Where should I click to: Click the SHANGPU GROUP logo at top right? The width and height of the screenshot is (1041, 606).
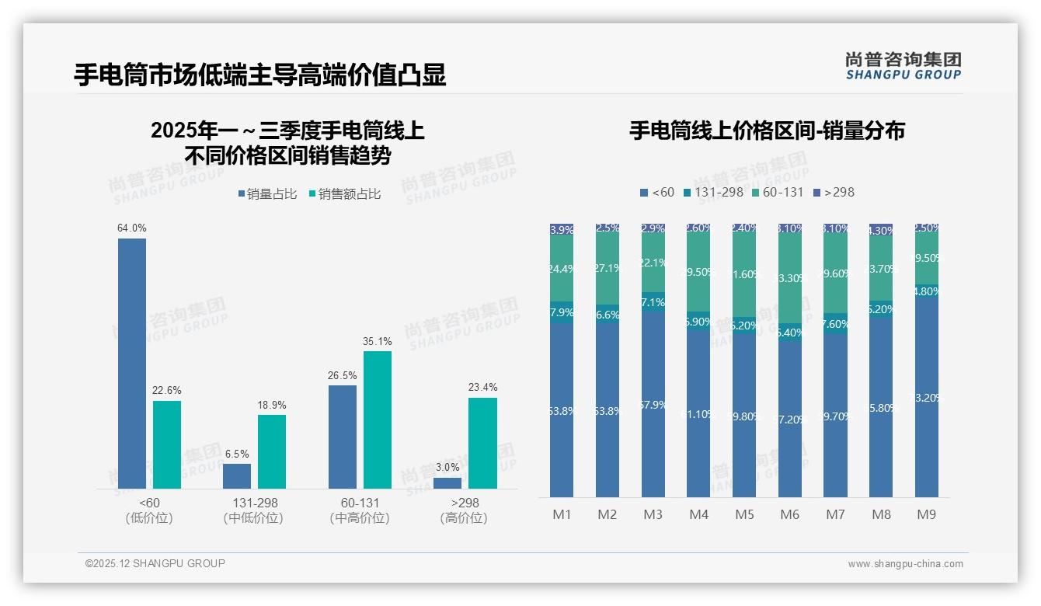(x=903, y=66)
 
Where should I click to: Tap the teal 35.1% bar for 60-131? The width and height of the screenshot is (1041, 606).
(x=378, y=420)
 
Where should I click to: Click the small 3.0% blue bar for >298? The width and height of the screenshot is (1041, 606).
(x=447, y=483)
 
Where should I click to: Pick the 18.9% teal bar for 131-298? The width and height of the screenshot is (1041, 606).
(x=272, y=451)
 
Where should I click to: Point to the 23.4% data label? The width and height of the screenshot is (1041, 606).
(x=482, y=387)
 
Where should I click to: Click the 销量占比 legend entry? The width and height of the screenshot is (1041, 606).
(x=267, y=194)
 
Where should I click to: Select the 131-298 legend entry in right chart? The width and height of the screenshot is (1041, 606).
(x=712, y=192)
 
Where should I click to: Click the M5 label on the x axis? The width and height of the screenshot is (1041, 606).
(x=744, y=514)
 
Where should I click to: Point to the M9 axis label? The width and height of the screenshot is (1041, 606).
(x=927, y=514)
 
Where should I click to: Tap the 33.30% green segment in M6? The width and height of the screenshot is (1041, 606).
(x=789, y=278)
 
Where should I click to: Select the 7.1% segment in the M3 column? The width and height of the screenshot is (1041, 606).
(x=653, y=302)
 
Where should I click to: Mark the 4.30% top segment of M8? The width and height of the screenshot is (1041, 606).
(x=881, y=230)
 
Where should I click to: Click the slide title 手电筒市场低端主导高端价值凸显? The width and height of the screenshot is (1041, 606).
(x=259, y=75)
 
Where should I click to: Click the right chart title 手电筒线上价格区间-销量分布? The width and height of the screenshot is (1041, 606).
(x=767, y=131)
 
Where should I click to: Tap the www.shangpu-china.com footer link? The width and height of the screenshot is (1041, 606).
(x=905, y=564)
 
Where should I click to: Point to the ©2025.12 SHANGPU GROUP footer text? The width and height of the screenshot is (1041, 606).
(x=155, y=563)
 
